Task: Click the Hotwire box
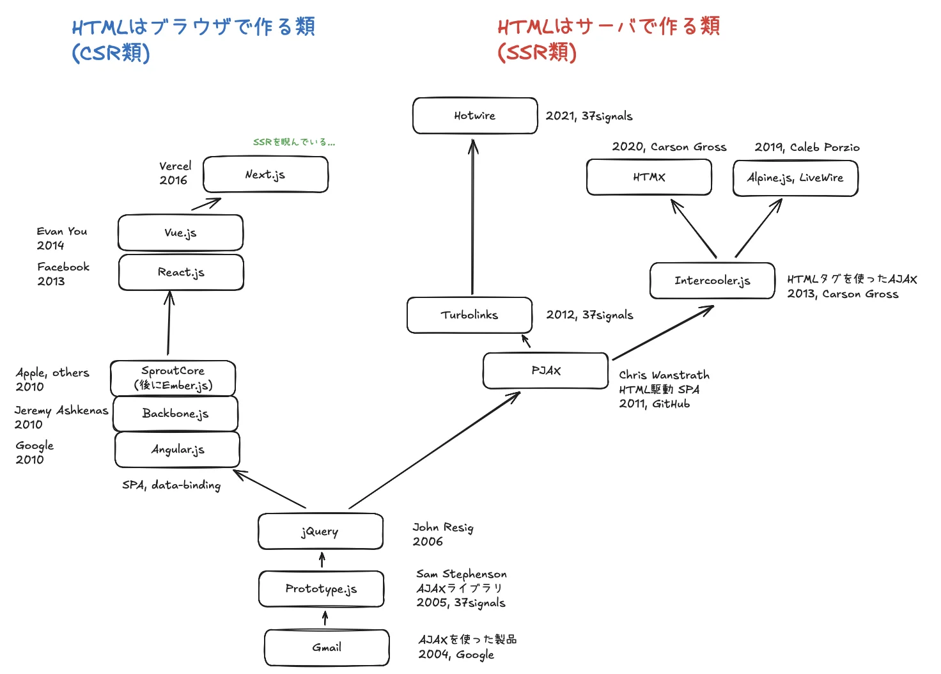tap(475, 116)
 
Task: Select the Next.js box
tap(265, 175)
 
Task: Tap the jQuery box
tap(320, 531)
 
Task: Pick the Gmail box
tap(327, 647)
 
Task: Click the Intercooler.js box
tap(712, 281)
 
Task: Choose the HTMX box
tap(649, 177)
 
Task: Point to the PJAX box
tap(545, 371)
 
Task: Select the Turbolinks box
tap(469, 315)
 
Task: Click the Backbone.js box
tap(175, 414)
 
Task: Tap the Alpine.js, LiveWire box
tap(795, 178)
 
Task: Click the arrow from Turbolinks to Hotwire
tap(473, 217)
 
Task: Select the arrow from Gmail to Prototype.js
tap(325, 618)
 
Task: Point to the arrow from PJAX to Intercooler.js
tap(663, 333)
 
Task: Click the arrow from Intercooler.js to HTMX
tap(694, 229)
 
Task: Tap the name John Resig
tap(443, 528)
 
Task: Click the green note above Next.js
tap(293, 142)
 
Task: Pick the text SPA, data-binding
tap(171, 485)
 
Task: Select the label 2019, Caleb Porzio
tap(807, 147)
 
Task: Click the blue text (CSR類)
tap(111, 53)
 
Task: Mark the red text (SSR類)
tap(537, 53)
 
